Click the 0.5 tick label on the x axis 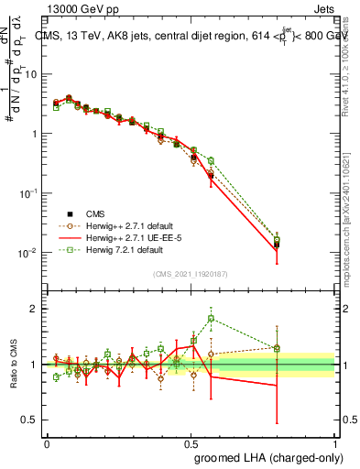tap(191, 442)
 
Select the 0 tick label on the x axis tap(47, 442)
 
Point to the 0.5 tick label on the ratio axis tap(28, 420)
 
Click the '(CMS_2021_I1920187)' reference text tap(191, 273)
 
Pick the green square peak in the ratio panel tap(212, 319)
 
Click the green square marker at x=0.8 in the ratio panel tap(277, 348)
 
